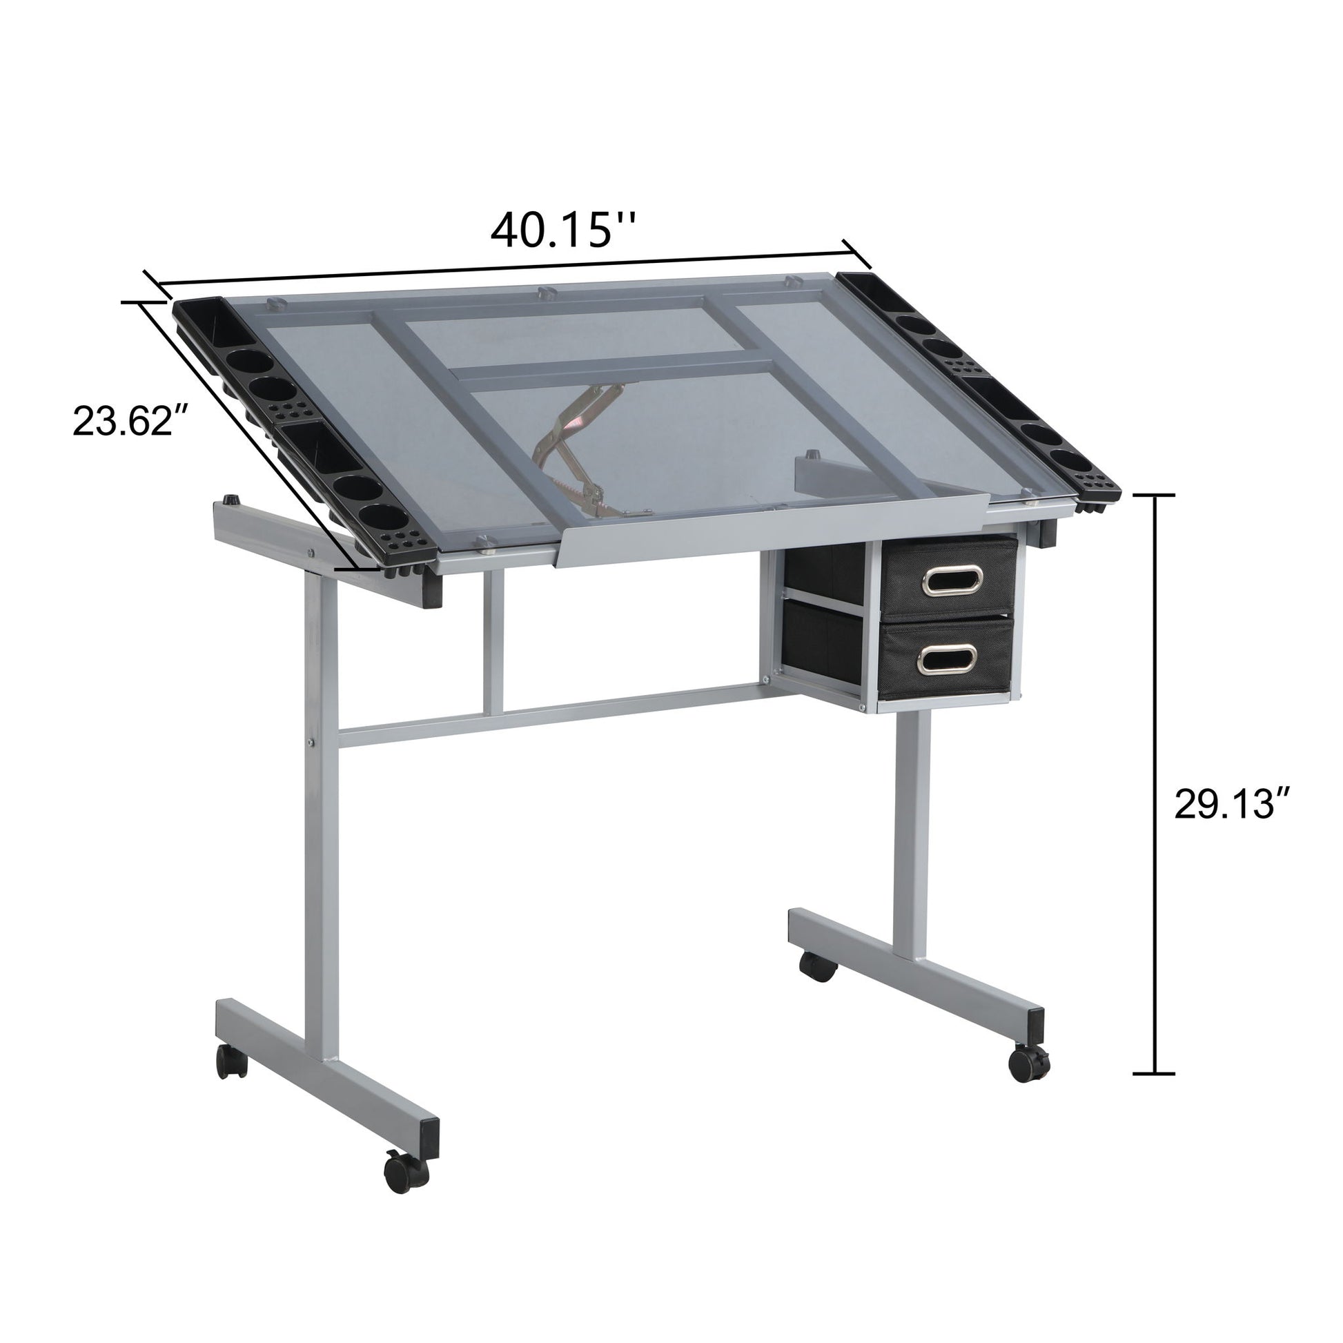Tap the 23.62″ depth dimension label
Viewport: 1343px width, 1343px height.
click(x=130, y=421)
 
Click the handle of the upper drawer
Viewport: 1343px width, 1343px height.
click(x=952, y=580)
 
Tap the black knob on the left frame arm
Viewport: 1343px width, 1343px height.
click(x=229, y=500)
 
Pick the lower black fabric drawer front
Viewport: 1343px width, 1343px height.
click(x=950, y=660)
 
